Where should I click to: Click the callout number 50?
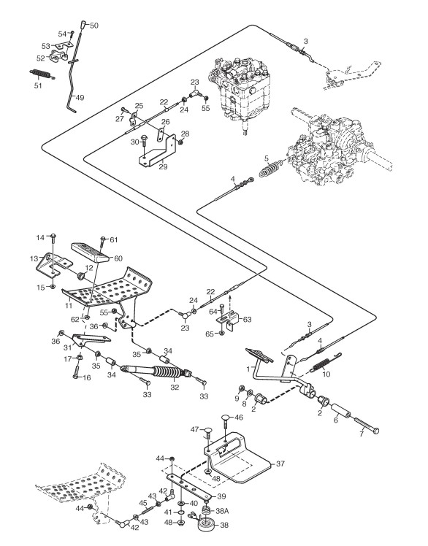pyautogui.click(x=94, y=26)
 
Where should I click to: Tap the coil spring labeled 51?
pyautogui.click(x=42, y=74)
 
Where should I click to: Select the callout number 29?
pyautogui.click(x=163, y=167)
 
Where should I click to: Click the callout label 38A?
pyautogui.click(x=222, y=511)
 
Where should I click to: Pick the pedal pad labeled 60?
pyautogui.click(x=91, y=251)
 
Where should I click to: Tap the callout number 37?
pyautogui.click(x=280, y=464)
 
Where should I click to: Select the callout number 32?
pyautogui.click(x=175, y=387)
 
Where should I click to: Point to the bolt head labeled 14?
pyautogui.click(x=53, y=237)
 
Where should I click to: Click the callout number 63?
pyautogui.click(x=247, y=319)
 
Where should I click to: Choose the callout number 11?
pyautogui.click(x=69, y=306)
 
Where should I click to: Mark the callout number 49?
pyautogui.click(x=80, y=98)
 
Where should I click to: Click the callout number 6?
pyautogui.click(x=336, y=420)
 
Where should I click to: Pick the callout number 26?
pyautogui.click(x=166, y=122)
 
